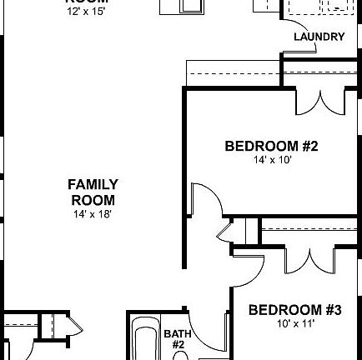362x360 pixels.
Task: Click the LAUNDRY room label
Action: [319, 37]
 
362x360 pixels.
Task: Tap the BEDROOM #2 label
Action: [271, 146]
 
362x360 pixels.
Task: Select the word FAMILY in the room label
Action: [93, 184]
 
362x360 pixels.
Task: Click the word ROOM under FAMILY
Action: [93, 200]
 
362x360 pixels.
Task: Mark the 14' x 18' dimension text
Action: [93, 213]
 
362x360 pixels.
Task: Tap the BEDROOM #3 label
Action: [294, 310]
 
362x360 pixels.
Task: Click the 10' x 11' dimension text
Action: [294, 323]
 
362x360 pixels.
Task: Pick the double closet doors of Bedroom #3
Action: [308, 258]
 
